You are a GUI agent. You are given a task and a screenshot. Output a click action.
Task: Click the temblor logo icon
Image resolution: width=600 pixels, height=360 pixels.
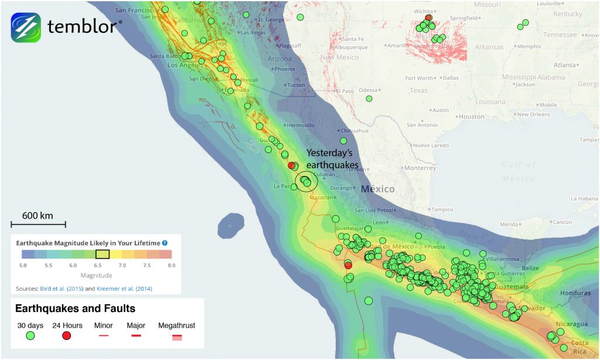click(x=26, y=27)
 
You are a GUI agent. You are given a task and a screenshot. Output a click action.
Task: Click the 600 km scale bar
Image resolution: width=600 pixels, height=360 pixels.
click(x=38, y=224)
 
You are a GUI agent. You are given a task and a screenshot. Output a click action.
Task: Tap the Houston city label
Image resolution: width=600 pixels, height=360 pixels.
click(x=471, y=117)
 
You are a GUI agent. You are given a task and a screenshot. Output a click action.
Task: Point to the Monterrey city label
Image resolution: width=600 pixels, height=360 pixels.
click(x=420, y=168)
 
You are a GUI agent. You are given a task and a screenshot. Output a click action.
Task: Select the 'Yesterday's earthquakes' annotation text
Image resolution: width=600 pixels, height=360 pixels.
click(x=332, y=159)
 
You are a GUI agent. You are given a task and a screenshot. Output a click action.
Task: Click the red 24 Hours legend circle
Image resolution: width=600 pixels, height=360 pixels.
click(x=66, y=336)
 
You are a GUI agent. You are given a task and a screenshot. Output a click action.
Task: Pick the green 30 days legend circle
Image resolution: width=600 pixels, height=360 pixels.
click(x=30, y=336)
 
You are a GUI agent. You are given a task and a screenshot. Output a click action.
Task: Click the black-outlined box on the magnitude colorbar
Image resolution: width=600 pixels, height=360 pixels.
click(x=103, y=254)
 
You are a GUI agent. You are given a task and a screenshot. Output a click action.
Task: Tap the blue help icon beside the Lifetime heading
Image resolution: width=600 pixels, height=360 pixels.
click(x=165, y=242)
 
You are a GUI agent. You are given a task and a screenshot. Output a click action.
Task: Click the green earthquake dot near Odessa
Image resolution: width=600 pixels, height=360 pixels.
click(x=369, y=99)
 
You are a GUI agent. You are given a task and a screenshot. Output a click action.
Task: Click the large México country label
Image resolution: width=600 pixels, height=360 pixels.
click(x=377, y=189)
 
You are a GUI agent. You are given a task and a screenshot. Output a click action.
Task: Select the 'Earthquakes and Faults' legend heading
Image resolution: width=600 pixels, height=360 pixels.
click(x=75, y=308)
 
